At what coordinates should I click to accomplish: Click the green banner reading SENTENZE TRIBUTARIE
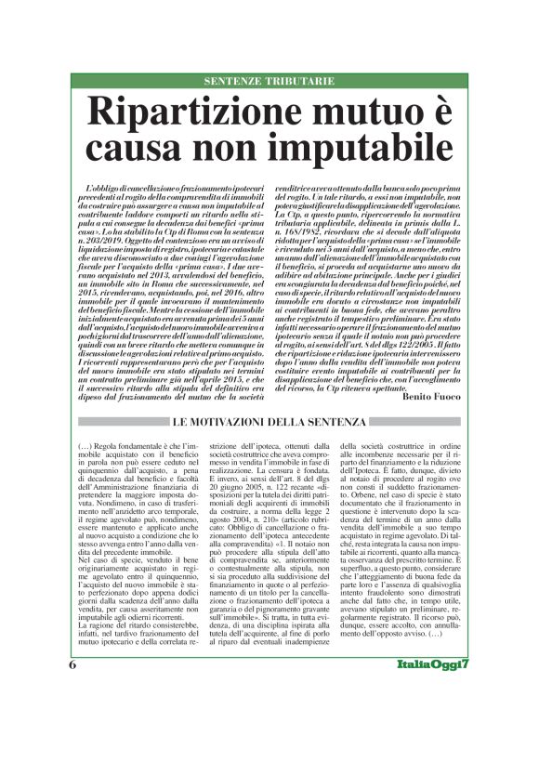pos(269,81)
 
